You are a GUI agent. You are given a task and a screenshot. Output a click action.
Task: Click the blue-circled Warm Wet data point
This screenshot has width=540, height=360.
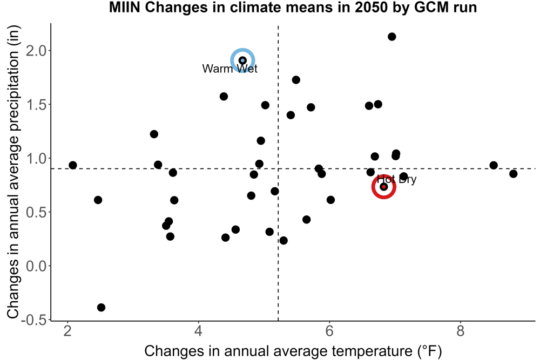click(x=242, y=60)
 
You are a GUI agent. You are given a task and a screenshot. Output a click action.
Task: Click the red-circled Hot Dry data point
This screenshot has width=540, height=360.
click(x=383, y=187)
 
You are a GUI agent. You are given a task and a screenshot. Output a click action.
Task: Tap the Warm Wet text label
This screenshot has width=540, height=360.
click(x=230, y=69)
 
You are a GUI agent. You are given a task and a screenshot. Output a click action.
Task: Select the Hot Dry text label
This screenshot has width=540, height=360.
click(x=396, y=179)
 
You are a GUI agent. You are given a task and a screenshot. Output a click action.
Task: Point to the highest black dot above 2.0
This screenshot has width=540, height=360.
click(x=392, y=37)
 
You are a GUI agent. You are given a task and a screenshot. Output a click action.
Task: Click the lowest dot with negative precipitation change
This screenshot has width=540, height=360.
click(x=101, y=307)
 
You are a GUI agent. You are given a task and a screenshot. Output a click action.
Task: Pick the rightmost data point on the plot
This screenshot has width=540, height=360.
click(x=513, y=174)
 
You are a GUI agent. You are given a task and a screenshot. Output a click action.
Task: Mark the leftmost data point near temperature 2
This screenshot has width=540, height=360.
click(x=73, y=165)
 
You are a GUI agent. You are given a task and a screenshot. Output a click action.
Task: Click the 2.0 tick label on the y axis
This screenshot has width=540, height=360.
click(x=36, y=51)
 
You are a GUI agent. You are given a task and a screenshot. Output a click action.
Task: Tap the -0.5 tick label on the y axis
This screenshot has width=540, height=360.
click(x=33, y=320)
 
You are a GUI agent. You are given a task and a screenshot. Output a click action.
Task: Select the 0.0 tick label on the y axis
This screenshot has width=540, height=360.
click(x=36, y=266)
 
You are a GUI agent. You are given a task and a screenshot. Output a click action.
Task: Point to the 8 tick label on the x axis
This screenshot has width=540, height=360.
click(x=461, y=331)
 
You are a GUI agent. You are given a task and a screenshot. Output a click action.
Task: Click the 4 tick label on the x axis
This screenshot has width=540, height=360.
click(x=198, y=331)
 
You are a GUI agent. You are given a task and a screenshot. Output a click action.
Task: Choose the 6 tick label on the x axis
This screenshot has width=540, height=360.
click(x=329, y=331)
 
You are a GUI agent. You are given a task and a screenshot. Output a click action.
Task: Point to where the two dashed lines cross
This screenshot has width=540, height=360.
click(x=278, y=168)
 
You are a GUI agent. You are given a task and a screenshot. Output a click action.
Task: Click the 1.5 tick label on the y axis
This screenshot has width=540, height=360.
click(x=36, y=105)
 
